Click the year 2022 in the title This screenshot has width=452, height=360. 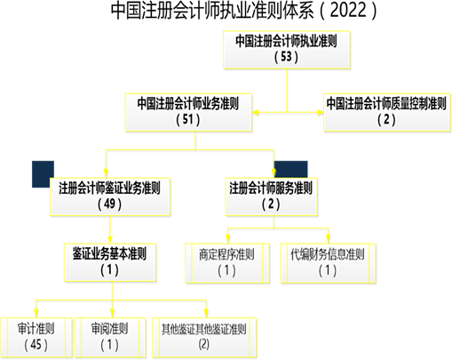(347, 11)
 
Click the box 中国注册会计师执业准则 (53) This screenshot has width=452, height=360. (287, 50)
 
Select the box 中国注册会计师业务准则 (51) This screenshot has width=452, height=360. (188, 112)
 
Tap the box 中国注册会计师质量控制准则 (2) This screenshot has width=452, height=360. (387, 112)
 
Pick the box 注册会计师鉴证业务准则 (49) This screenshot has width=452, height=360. (110, 196)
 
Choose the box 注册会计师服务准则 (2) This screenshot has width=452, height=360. (271, 196)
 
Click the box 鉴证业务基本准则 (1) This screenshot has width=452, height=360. (110, 262)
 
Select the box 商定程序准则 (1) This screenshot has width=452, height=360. (227, 263)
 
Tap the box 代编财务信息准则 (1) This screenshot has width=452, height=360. (328, 263)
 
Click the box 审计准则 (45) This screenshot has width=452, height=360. (36, 338)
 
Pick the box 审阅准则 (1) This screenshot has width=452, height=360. (110, 338)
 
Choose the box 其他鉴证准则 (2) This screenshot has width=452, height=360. (204, 338)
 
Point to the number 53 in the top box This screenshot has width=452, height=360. (287, 57)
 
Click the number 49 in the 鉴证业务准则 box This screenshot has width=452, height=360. (110, 204)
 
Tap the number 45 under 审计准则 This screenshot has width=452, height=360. (36, 345)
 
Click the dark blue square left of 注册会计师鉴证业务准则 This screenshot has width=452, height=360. (43, 174)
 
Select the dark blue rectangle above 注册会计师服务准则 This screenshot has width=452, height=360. (291, 170)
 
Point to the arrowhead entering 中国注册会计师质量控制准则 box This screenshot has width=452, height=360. (321, 113)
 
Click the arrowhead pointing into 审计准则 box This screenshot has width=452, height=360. (36, 314)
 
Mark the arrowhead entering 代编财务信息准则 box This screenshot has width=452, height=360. (328, 239)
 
